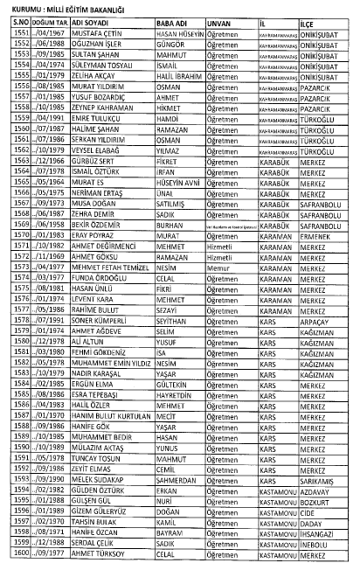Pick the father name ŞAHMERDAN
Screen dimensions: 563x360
183,480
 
